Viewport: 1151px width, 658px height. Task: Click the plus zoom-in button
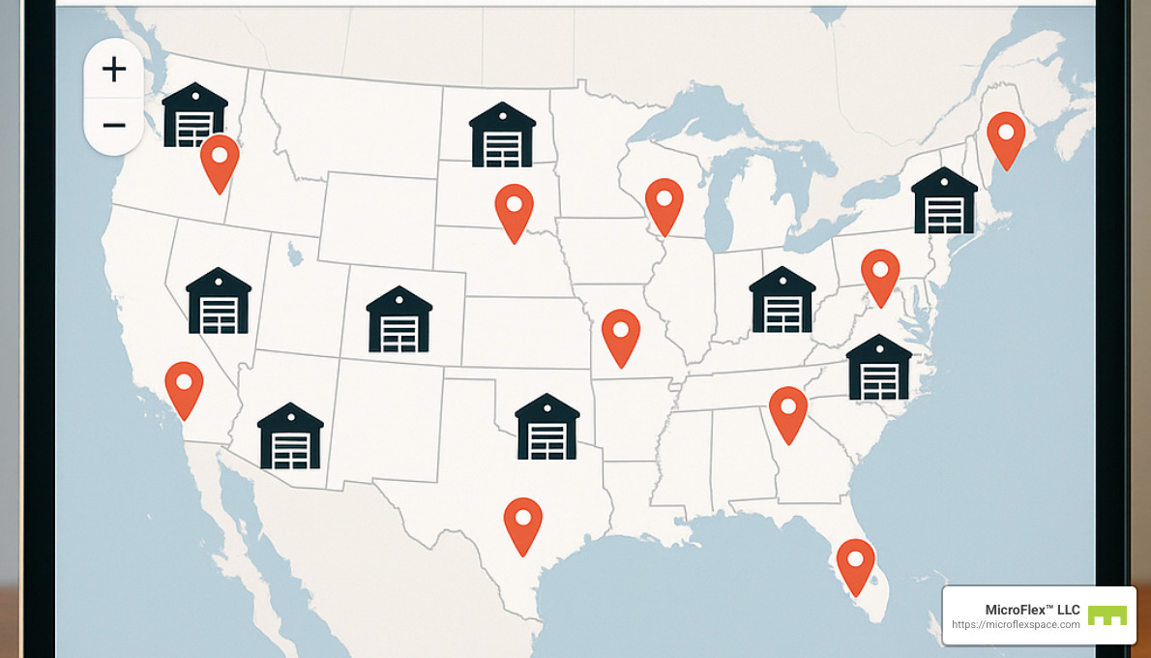114,69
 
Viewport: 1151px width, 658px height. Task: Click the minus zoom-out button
114,126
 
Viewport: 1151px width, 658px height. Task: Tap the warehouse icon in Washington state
194,115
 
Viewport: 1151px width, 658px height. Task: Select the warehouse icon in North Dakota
502,135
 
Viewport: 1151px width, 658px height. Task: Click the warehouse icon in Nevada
219,301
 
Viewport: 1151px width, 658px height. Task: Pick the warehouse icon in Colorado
398,319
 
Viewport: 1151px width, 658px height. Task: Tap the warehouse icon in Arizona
290,436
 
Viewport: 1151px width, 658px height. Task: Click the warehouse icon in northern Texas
547,427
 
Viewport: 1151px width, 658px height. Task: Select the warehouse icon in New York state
944,201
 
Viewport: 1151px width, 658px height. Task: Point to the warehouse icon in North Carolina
878,369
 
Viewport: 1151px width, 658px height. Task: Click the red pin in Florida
855,564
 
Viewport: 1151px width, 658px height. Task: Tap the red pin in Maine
1006,137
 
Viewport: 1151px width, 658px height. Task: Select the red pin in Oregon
220,161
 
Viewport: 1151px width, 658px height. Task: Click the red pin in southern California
184,387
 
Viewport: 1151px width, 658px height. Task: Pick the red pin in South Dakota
514,210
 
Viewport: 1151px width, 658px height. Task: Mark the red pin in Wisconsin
664,203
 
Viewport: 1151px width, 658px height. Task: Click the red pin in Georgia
788,411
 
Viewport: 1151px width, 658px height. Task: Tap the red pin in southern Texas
523,523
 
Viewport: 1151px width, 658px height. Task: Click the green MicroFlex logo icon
1107,615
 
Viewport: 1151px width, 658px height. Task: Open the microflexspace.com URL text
1016,625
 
